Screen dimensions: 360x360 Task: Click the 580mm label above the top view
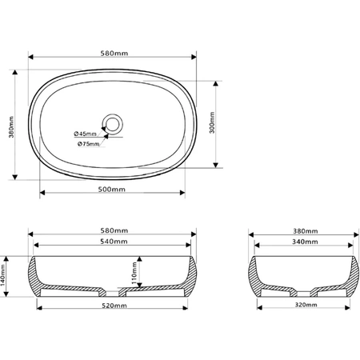tap(114, 54)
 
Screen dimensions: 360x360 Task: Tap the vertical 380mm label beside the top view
tap(11, 127)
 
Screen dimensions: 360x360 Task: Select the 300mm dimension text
tap(212, 122)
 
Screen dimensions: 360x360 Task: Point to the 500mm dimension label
tap(112, 190)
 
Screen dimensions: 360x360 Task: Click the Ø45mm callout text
tap(85, 134)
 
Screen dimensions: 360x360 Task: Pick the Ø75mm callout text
tap(89, 144)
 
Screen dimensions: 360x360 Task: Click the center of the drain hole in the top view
tap(112, 125)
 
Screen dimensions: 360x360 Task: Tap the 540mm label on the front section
tap(114, 242)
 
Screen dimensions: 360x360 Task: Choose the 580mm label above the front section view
tap(114, 230)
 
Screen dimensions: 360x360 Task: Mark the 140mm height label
tap(3, 275)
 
